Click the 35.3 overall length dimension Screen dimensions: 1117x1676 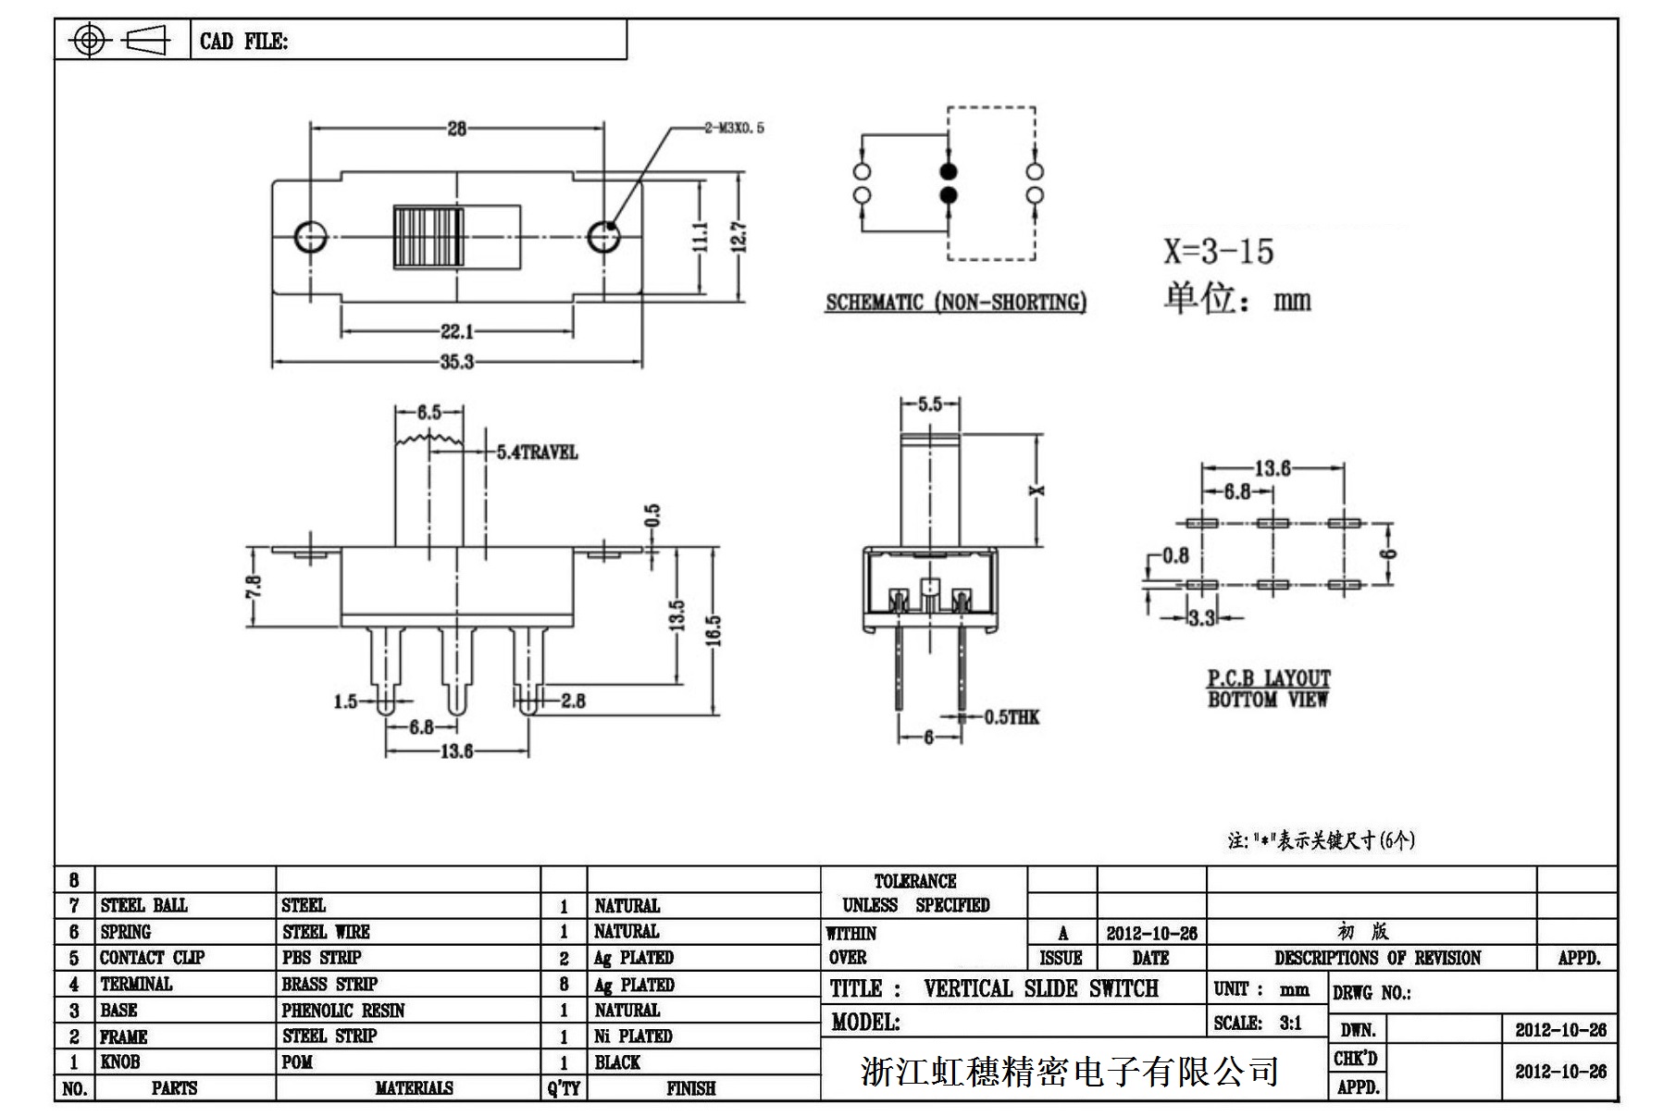[x=456, y=362]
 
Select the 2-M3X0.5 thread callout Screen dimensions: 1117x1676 [x=734, y=128]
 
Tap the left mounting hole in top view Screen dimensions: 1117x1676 [x=310, y=237]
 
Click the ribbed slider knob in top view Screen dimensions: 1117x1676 [x=428, y=237]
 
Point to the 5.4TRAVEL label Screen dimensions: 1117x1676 [x=537, y=453]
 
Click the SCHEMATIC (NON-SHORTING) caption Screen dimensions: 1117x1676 [x=955, y=303]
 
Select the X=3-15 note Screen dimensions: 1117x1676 [x=1218, y=252]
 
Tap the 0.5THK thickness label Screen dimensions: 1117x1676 [x=1012, y=717]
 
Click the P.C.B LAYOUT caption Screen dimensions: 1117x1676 [x=1268, y=678]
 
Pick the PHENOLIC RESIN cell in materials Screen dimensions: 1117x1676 [x=343, y=1011]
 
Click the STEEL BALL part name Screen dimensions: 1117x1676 [x=143, y=905]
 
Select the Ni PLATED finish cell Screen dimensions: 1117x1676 [x=633, y=1036]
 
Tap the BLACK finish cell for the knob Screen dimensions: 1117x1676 [x=617, y=1062]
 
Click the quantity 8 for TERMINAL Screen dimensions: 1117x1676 [x=564, y=985]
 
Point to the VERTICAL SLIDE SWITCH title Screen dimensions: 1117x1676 [x=1040, y=989]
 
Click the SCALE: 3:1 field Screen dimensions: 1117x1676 [x=1258, y=1024]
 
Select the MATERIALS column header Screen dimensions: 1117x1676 [x=414, y=1088]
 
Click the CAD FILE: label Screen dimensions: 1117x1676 [x=243, y=42]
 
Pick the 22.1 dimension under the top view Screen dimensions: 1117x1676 [x=456, y=331]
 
